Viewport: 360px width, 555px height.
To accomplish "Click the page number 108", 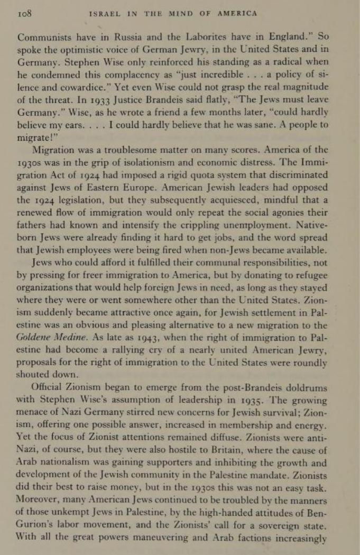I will [25, 14].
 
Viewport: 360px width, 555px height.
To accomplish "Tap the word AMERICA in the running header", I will [237, 14].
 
